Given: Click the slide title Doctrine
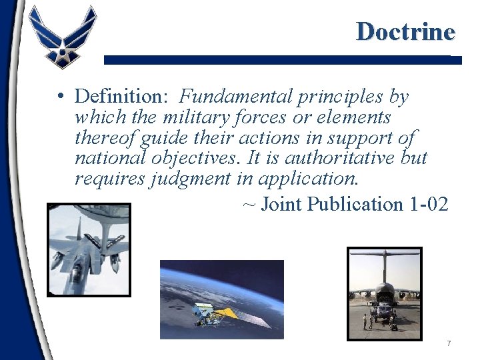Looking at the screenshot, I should [405, 31].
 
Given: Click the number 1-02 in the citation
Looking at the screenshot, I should [426, 204].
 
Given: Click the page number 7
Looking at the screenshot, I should [449, 343].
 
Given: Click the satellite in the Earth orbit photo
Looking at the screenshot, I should [211, 311].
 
